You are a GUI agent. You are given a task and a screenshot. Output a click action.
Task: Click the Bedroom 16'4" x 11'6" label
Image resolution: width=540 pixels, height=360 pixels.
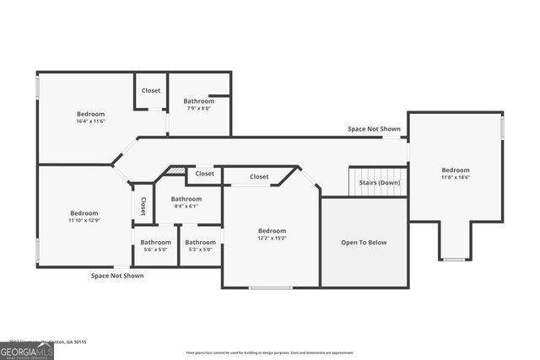pos(90,117)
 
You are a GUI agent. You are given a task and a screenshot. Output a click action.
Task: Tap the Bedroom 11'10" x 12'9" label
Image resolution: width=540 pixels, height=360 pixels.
pos(84,217)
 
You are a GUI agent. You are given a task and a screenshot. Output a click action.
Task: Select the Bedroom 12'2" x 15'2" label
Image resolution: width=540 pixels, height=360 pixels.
pos(272,234)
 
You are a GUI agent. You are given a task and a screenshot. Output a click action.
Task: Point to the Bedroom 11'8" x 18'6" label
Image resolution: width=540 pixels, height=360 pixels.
pos(456,173)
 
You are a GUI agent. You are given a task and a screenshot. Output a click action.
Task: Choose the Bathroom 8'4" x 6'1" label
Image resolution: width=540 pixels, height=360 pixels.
pos(186,202)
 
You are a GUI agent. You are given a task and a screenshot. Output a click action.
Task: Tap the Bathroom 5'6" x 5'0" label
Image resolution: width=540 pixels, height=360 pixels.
pos(155,245)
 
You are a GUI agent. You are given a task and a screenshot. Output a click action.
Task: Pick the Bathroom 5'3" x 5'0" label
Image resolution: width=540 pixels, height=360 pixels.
pos(200,245)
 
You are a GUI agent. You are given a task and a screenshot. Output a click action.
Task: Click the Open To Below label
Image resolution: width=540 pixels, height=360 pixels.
pos(364,243)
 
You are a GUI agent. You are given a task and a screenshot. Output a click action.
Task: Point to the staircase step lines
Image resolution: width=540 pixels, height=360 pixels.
pos(365,179)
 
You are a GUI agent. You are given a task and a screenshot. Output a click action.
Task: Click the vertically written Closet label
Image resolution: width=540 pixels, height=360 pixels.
pos(143,207)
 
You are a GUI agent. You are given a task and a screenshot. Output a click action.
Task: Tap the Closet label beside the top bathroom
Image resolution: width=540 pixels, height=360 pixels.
pos(151,90)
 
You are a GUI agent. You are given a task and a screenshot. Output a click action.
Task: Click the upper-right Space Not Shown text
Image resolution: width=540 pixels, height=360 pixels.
pos(374,129)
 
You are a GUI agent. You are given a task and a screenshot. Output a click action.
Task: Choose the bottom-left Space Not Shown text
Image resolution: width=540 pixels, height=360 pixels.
pos(117,275)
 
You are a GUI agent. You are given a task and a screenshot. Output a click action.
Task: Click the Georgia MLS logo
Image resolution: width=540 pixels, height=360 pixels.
pos(27,352)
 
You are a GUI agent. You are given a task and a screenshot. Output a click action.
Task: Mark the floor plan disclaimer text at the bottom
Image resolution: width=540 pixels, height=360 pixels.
pos(270,352)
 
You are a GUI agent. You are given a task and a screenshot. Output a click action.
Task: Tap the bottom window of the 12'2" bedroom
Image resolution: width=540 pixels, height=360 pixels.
pos(271,287)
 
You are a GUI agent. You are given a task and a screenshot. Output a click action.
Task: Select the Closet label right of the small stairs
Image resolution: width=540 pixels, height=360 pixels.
pos(205,174)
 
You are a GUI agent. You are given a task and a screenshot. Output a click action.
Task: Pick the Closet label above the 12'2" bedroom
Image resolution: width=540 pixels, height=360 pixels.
pos(259,176)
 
